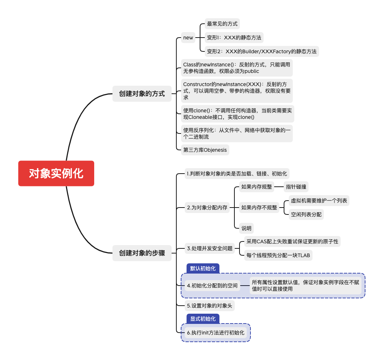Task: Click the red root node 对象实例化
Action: pos(56,173)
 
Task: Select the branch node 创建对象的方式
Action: pos(142,94)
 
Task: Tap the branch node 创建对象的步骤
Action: pos(142,253)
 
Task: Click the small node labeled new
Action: pos(188,38)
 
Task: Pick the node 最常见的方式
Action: pos(222,24)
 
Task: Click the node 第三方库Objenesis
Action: pos(205,150)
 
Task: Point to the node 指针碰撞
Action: pos(296,187)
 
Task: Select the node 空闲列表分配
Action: pos(306,214)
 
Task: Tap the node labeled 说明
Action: pos(246,228)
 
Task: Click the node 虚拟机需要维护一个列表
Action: pos(319,201)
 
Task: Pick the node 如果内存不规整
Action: pos(259,208)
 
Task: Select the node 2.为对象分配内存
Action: pos(207,208)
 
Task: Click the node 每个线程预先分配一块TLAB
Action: pos(278,255)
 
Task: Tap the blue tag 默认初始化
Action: pos(203,268)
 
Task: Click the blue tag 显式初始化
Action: pos(203,319)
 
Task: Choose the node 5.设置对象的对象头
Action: pos(209,306)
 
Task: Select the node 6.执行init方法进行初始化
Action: pos(215,333)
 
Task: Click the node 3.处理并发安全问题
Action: pos(210,248)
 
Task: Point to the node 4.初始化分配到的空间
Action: pos(212,286)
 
